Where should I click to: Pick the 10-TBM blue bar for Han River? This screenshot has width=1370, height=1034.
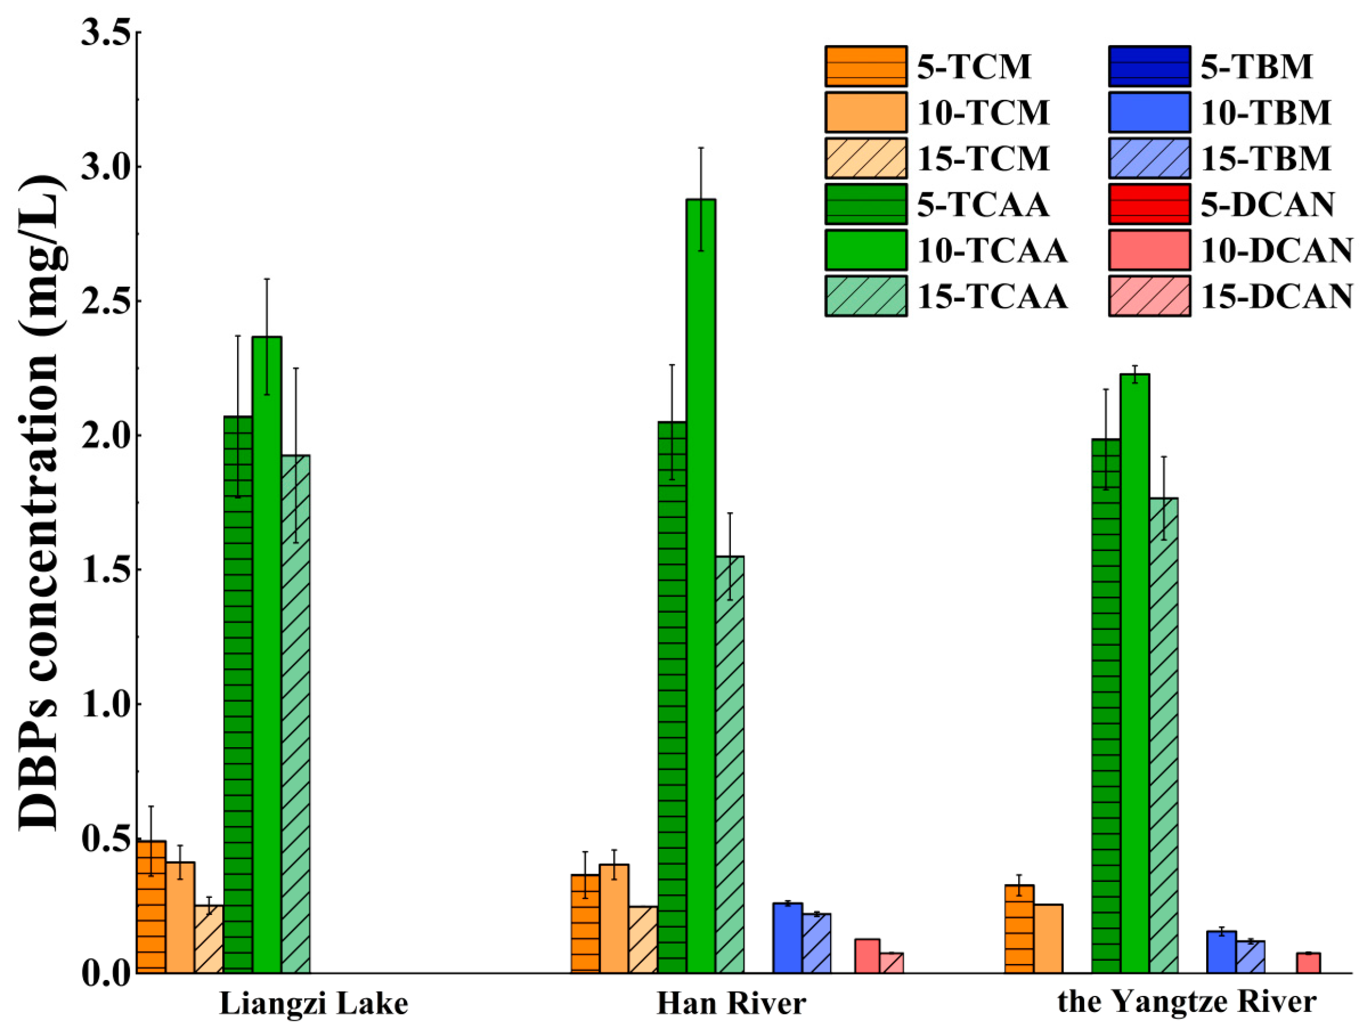(x=787, y=937)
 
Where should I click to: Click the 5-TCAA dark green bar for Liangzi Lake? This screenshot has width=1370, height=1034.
(x=238, y=693)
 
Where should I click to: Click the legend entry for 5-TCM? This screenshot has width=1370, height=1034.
(x=928, y=66)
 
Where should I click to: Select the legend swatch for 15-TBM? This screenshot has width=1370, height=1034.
(x=1149, y=158)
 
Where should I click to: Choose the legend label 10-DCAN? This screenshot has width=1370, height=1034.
(x=1276, y=250)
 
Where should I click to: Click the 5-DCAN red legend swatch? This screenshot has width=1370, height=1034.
(x=1149, y=205)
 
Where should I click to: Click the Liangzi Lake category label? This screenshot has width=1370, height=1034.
(x=314, y=1003)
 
